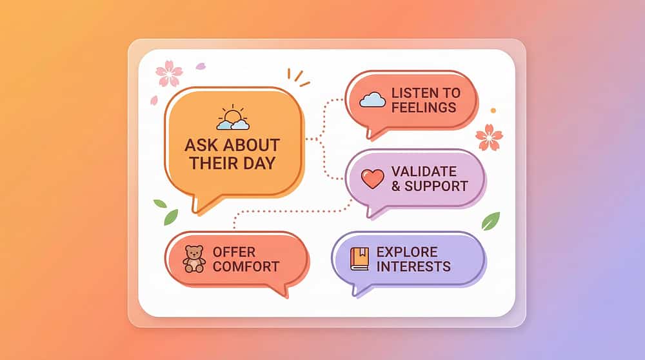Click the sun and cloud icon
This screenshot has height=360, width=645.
232,119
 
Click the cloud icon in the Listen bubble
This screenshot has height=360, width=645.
372,99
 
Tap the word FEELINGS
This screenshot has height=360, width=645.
424,108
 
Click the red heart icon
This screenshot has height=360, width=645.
372,178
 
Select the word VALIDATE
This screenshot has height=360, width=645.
424,172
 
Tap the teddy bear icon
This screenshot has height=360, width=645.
194,257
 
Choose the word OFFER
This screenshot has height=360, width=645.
233,252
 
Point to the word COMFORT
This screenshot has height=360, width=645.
245,266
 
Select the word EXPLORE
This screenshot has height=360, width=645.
407,252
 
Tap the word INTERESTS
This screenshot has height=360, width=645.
413,266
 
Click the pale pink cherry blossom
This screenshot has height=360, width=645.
169,73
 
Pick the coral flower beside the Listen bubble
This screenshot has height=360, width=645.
489,136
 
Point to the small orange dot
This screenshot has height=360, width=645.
493,110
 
